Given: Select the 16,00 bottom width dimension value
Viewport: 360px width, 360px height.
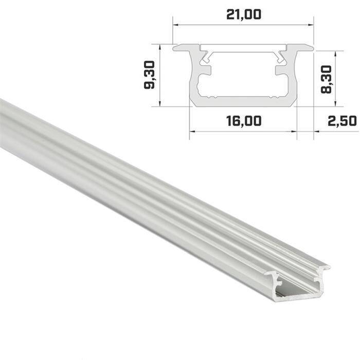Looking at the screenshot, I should (243, 121).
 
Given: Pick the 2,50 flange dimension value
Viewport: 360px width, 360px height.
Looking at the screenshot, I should (341, 121).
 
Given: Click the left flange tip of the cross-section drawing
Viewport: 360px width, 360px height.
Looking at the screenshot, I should (175, 48).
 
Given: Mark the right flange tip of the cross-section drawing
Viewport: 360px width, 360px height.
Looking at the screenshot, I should (311, 48).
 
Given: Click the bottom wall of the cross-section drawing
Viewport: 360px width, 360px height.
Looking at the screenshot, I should (243, 102).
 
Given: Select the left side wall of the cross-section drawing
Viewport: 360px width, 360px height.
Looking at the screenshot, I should (193, 77).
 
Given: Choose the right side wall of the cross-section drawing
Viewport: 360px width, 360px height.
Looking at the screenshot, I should (294, 77).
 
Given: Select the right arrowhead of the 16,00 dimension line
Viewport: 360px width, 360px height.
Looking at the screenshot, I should (295, 131).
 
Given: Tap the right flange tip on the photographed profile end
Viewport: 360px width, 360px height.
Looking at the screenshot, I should (328, 268).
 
